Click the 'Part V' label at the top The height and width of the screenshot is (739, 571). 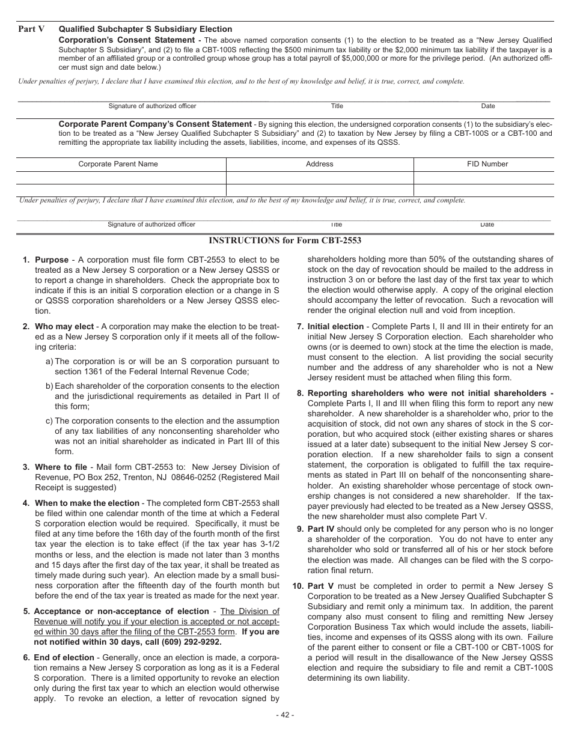[31, 29]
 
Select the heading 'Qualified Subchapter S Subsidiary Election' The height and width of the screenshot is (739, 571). [145, 29]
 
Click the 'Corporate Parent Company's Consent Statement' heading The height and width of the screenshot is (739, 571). [155, 124]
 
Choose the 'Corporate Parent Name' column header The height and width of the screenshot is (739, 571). [118, 164]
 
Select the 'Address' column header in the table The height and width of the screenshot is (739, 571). [319, 164]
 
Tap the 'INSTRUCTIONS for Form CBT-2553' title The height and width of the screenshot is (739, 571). [285, 240]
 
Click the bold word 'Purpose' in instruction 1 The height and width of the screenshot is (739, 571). [52, 260]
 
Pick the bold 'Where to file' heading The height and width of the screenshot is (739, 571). [61, 467]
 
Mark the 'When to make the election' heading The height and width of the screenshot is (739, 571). [87, 503]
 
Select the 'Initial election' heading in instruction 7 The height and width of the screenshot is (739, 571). [335, 327]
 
